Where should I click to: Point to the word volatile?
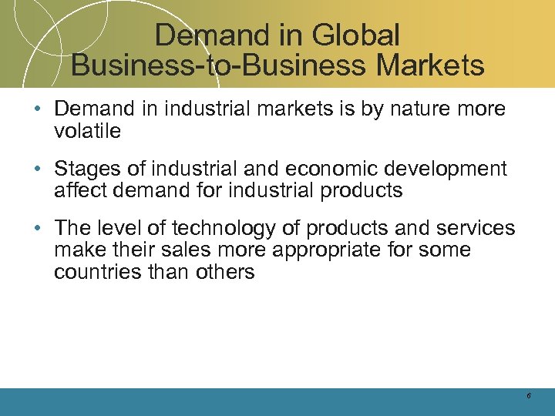tap(87, 131)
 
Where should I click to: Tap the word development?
tap(447, 169)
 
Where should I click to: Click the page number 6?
tap(529, 395)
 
